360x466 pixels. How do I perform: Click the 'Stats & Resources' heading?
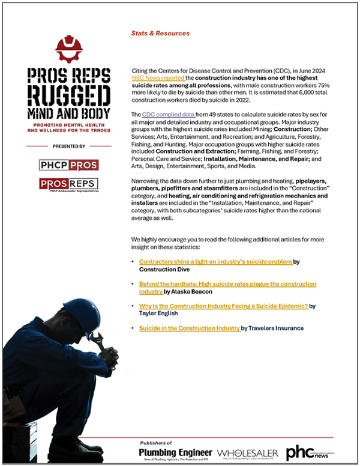click(160, 34)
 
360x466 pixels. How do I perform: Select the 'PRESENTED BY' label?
click(69, 146)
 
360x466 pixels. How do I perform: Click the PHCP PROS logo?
click(69, 164)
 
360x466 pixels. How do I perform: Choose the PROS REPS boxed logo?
click(69, 184)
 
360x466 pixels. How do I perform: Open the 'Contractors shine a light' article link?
click(215, 262)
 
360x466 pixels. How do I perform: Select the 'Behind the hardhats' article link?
click(227, 284)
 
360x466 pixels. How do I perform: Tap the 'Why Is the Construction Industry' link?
click(224, 306)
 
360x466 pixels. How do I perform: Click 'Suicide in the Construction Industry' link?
click(190, 328)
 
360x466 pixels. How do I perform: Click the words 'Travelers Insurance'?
click(275, 328)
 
